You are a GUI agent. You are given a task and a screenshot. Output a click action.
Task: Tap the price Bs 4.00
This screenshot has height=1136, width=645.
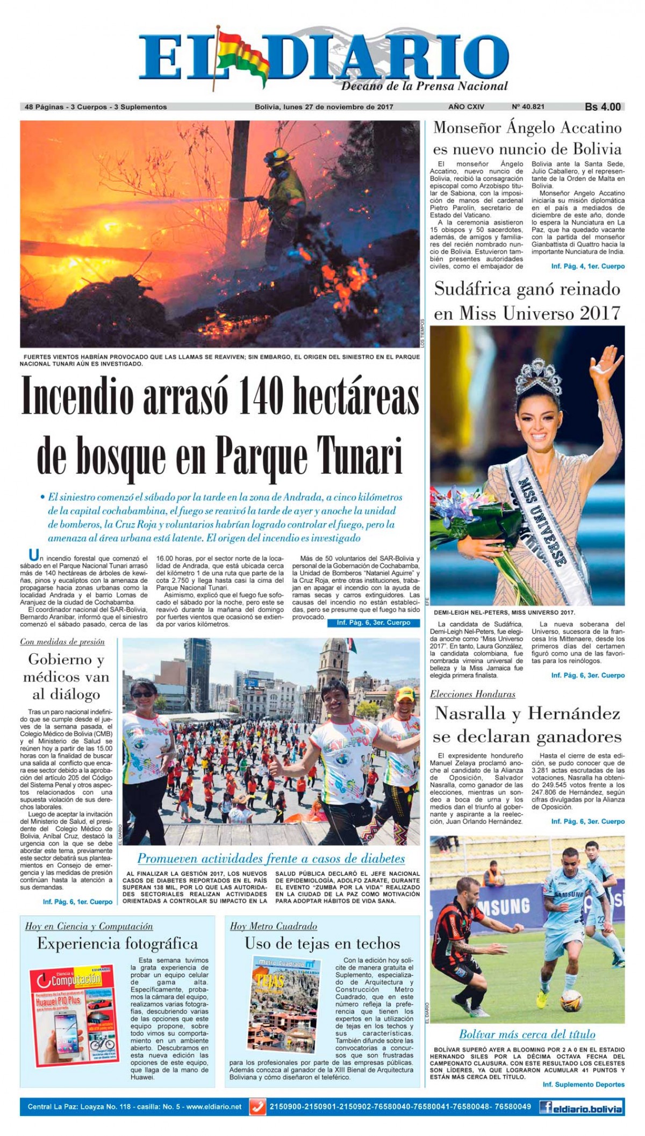point(603,107)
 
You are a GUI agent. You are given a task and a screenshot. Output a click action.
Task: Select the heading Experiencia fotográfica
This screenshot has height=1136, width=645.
point(117,943)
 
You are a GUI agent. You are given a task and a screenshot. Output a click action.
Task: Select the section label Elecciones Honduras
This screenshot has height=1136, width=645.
point(472,694)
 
